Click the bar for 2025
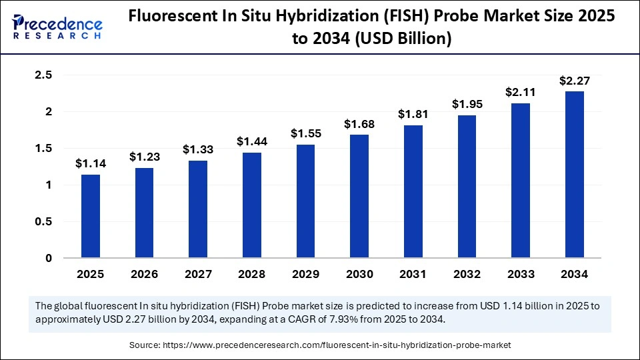(90, 216)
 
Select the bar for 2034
(574, 175)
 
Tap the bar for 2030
(359, 196)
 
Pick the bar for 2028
(251, 205)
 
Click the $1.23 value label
(144, 156)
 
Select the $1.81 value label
(413, 114)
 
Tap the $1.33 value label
(198, 149)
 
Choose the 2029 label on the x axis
(305, 273)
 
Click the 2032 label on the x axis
(467, 273)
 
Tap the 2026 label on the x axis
(144, 273)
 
